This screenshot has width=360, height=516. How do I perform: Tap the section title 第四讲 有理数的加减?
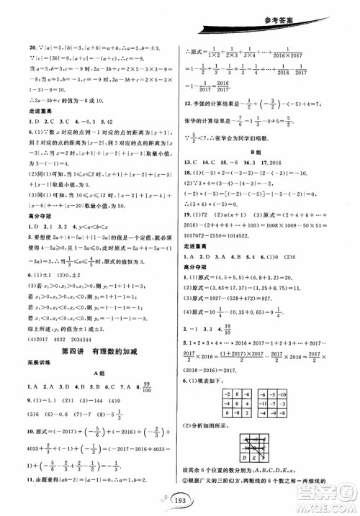98,350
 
